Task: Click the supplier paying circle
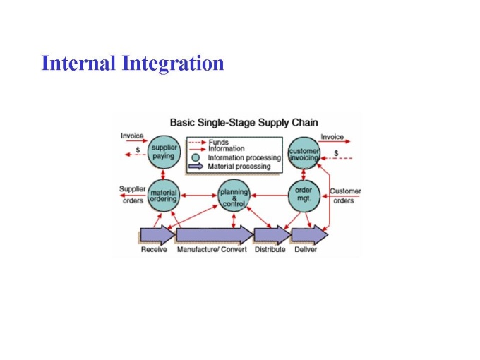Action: [164, 152]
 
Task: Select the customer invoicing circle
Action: [304, 153]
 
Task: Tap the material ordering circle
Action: [164, 196]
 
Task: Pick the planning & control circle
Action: [234, 196]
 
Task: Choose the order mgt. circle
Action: [304, 196]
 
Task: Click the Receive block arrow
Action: [157, 235]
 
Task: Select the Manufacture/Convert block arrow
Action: [215, 235]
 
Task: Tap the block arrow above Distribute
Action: [272, 235]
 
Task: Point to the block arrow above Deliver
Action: [310, 235]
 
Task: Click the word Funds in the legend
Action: [219, 143]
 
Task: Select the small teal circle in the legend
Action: [196, 157]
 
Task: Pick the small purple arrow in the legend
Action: [196, 166]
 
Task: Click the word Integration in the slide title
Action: [173, 64]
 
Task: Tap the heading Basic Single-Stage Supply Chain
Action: [244, 122]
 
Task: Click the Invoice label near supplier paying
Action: [132, 136]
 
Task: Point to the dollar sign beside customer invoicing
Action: [336, 153]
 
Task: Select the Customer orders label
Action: [345, 196]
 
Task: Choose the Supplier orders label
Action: [133, 195]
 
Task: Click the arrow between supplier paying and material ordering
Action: [163, 174]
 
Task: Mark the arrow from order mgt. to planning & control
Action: [270, 196]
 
